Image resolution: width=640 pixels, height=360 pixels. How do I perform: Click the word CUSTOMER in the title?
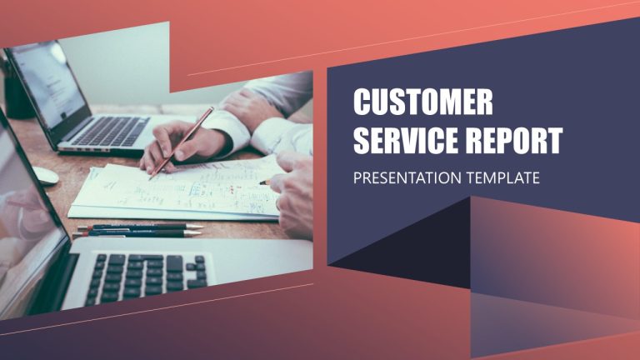[x=422, y=103]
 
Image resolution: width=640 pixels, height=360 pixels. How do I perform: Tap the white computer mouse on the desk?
[x=43, y=175]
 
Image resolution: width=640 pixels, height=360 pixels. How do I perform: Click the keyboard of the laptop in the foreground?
[x=147, y=276]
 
